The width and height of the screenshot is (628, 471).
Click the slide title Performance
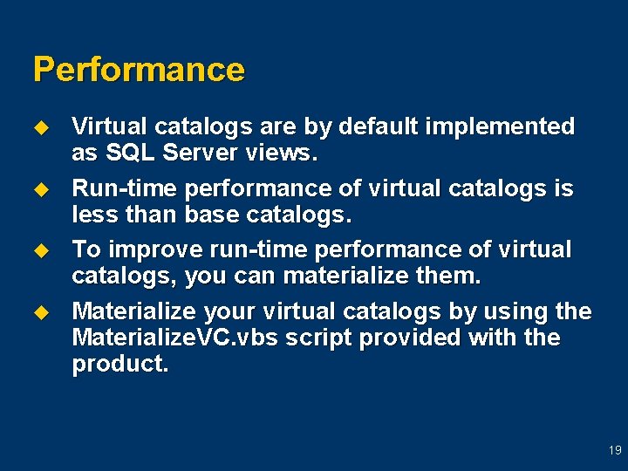coord(139,70)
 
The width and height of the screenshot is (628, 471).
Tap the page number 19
coord(615,451)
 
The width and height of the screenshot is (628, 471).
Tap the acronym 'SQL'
coord(130,154)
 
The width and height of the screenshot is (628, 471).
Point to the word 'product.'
coord(120,364)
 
